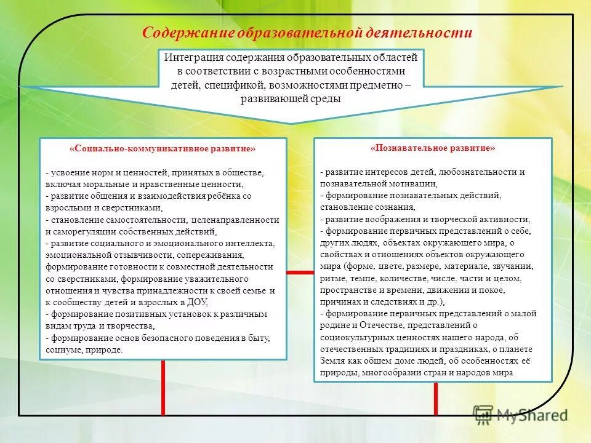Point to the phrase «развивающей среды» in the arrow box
[290, 98]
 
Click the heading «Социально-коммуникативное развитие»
[163, 149]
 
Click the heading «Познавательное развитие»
[433, 148]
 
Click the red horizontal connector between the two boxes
[300, 272]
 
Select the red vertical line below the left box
[163, 387]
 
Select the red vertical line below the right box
[436, 398]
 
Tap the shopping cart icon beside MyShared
[483, 414]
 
